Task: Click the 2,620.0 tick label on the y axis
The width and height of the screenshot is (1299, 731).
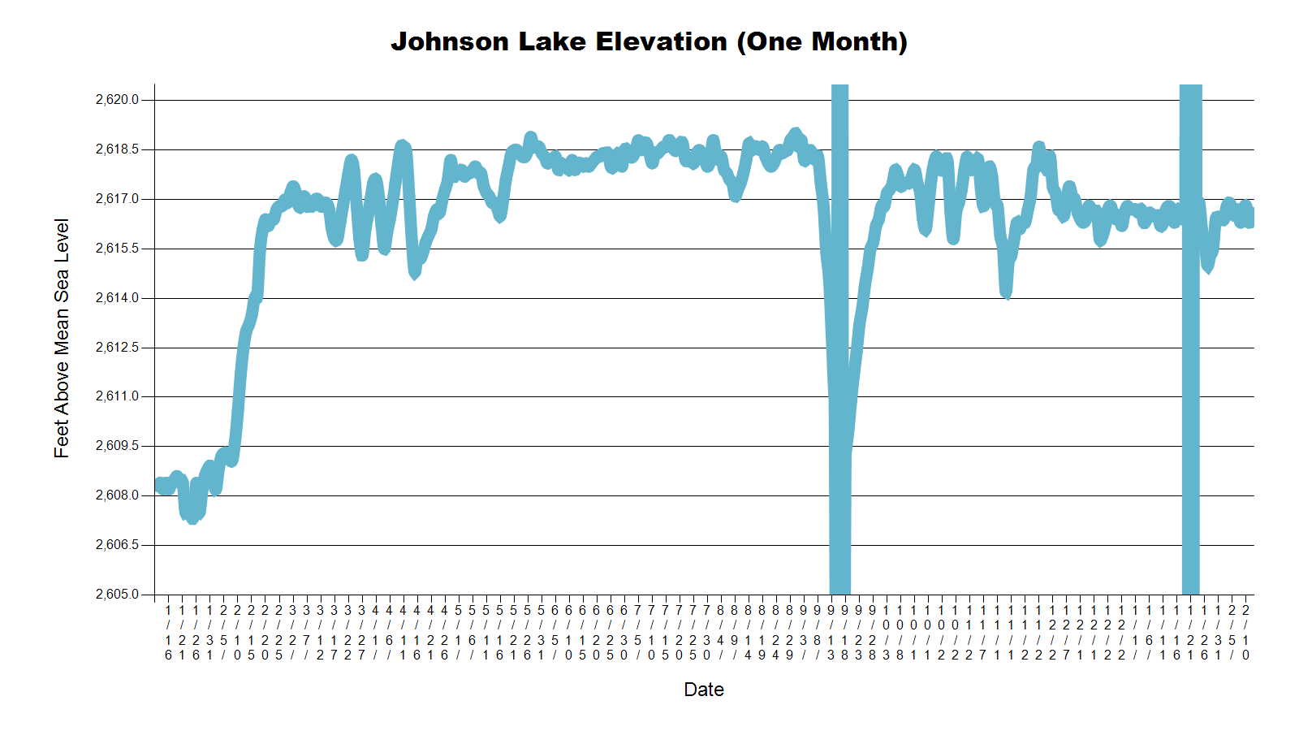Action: point(117,100)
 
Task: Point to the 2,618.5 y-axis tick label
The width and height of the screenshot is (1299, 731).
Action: point(117,149)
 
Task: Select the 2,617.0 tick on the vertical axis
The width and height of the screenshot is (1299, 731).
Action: point(117,199)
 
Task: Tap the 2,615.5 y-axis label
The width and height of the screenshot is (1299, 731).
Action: point(117,249)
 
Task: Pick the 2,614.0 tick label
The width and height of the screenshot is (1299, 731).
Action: point(117,298)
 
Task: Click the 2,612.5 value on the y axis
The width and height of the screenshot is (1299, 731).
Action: point(117,348)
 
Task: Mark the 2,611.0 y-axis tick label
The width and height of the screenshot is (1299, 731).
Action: point(117,396)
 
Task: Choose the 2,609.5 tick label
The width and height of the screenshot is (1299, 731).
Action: point(117,446)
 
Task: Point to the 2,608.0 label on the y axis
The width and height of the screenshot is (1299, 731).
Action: point(117,495)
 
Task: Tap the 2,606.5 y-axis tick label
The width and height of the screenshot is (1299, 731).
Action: point(117,545)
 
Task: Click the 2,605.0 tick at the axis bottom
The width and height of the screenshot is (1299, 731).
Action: point(117,595)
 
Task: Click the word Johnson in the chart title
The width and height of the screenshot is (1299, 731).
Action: point(450,41)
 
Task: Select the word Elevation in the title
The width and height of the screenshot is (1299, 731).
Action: point(662,41)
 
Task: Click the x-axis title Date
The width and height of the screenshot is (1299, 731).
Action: point(704,690)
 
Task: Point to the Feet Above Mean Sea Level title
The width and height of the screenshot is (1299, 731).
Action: point(62,339)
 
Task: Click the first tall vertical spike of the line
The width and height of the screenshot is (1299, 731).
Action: point(839,325)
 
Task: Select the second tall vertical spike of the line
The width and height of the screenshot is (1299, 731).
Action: point(1190,325)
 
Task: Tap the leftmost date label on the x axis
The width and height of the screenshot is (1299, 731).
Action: point(168,632)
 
